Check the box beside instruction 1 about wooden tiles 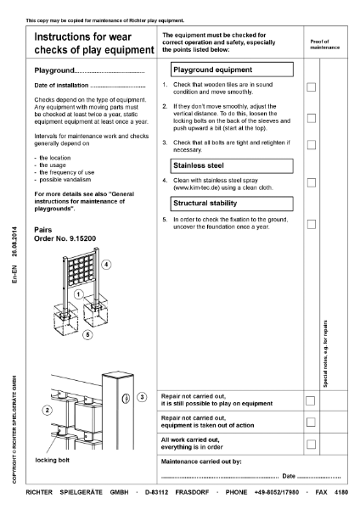(312, 87)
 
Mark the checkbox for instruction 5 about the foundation (312, 223)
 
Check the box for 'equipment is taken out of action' (312, 422)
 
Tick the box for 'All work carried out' (312, 444)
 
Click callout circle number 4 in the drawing (106, 265)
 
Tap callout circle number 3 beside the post (142, 396)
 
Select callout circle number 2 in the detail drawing (48, 411)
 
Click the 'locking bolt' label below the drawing (53, 459)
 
